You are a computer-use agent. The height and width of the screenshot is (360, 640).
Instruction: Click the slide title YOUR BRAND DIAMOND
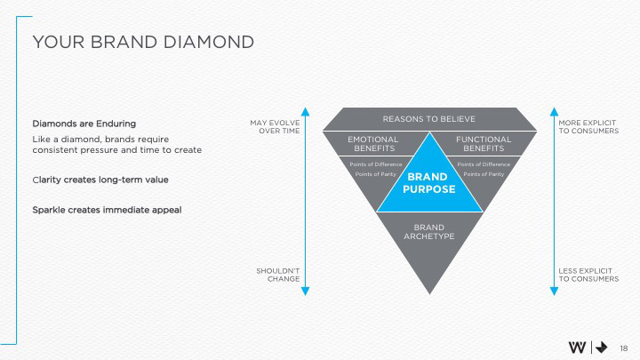[142, 42]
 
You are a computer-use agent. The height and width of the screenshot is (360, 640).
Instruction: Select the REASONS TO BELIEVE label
[428, 119]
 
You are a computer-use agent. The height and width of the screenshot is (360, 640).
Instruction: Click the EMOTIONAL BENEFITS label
[372, 144]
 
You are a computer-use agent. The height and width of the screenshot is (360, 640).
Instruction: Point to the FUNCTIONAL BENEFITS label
[484, 144]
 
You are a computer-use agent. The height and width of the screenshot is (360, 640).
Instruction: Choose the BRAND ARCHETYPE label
[429, 232]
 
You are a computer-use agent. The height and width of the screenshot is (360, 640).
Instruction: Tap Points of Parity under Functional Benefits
[484, 174]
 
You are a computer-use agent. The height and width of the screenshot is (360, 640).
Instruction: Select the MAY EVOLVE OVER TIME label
[275, 126]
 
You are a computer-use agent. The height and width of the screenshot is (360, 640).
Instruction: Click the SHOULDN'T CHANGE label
[278, 274]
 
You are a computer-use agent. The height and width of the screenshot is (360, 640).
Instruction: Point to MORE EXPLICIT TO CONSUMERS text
[588, 126]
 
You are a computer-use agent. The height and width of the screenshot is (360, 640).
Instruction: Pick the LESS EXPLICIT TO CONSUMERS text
[588, 274]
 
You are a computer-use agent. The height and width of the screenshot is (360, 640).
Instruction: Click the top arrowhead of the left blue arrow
[305, 112]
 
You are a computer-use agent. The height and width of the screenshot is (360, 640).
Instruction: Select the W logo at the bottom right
[578, 347]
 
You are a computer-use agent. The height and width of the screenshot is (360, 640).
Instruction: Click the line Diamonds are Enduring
[84, 123]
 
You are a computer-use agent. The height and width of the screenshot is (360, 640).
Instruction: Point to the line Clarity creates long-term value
[100, 180]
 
